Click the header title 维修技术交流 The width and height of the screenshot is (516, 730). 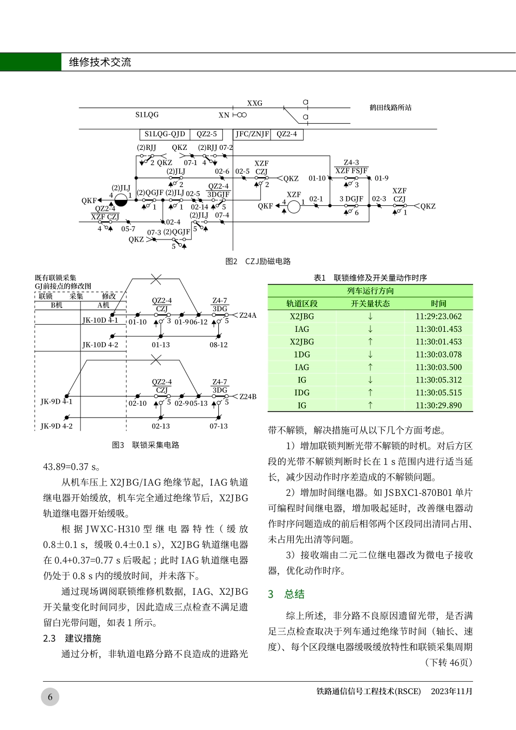(100, 62)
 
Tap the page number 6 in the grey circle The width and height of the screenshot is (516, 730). (50, 697)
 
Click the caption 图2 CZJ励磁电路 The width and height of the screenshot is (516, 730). (258, 261)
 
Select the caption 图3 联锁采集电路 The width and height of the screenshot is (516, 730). (145, 445)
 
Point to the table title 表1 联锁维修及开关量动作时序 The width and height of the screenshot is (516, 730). (370, 278)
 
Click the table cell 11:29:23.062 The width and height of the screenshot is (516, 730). (438, 316)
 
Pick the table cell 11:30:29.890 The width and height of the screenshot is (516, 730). (438, 405)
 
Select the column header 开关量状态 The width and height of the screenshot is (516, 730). (370, 304)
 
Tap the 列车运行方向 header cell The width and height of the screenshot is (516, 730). (370, 291)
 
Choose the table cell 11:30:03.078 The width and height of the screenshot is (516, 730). (438, 354)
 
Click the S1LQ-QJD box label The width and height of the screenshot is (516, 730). (165, 134)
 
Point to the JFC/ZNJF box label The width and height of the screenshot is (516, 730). (252, 134)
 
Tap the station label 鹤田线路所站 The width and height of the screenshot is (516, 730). (391, 108)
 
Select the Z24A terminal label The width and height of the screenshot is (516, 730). (248, 315)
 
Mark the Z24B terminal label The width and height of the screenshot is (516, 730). (248, 397)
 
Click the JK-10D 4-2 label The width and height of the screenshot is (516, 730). (100, 345)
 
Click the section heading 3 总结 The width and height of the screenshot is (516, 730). (286, 594)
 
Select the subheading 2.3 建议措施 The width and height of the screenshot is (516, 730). (72, 638)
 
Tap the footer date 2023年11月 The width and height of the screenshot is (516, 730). (452, 691)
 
